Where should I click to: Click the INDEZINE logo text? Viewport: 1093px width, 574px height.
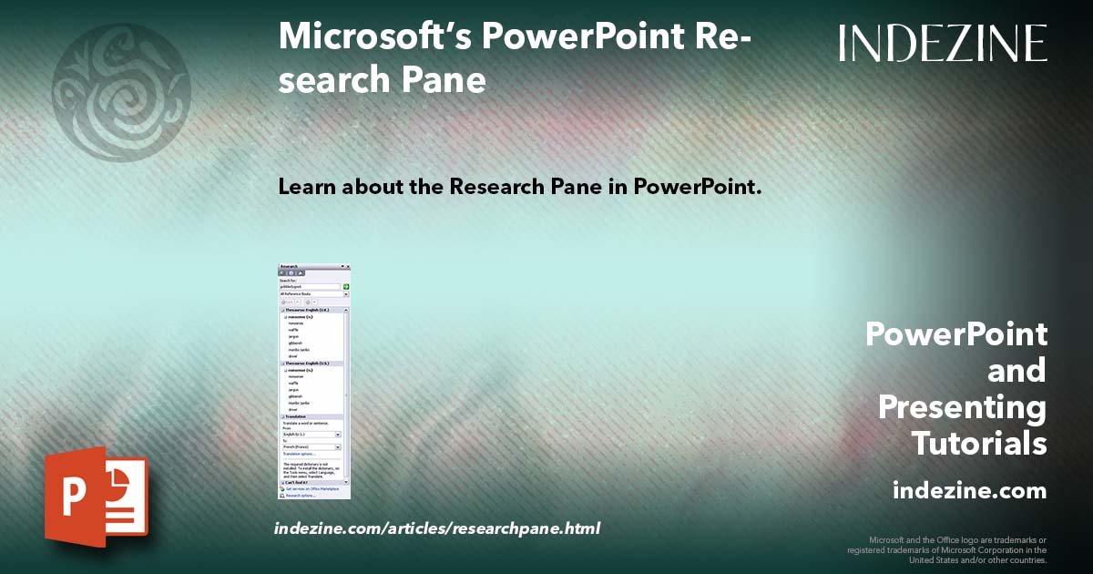pos(943,43)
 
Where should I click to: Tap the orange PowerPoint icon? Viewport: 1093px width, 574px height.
pos(96,497)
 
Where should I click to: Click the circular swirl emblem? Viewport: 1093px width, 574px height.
pos(121,91)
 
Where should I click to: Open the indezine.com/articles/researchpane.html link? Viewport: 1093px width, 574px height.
pos(437,528)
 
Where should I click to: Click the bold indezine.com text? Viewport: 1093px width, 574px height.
pos(969,491)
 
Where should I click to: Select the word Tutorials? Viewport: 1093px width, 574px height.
pos(979,444)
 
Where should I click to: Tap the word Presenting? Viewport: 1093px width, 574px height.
pos(962,407)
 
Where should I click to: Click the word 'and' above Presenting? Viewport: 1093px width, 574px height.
pos(1016,371)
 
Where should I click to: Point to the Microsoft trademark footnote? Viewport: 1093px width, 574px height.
pos(947,549)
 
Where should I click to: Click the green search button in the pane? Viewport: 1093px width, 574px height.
pos(346,287)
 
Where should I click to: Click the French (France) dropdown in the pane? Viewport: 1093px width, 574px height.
pos(311,447)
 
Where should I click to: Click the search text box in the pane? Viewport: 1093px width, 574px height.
pos(310,287)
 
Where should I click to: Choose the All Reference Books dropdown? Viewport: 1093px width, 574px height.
pos(313,294)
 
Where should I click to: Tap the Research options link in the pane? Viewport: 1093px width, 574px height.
pos(301,496)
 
